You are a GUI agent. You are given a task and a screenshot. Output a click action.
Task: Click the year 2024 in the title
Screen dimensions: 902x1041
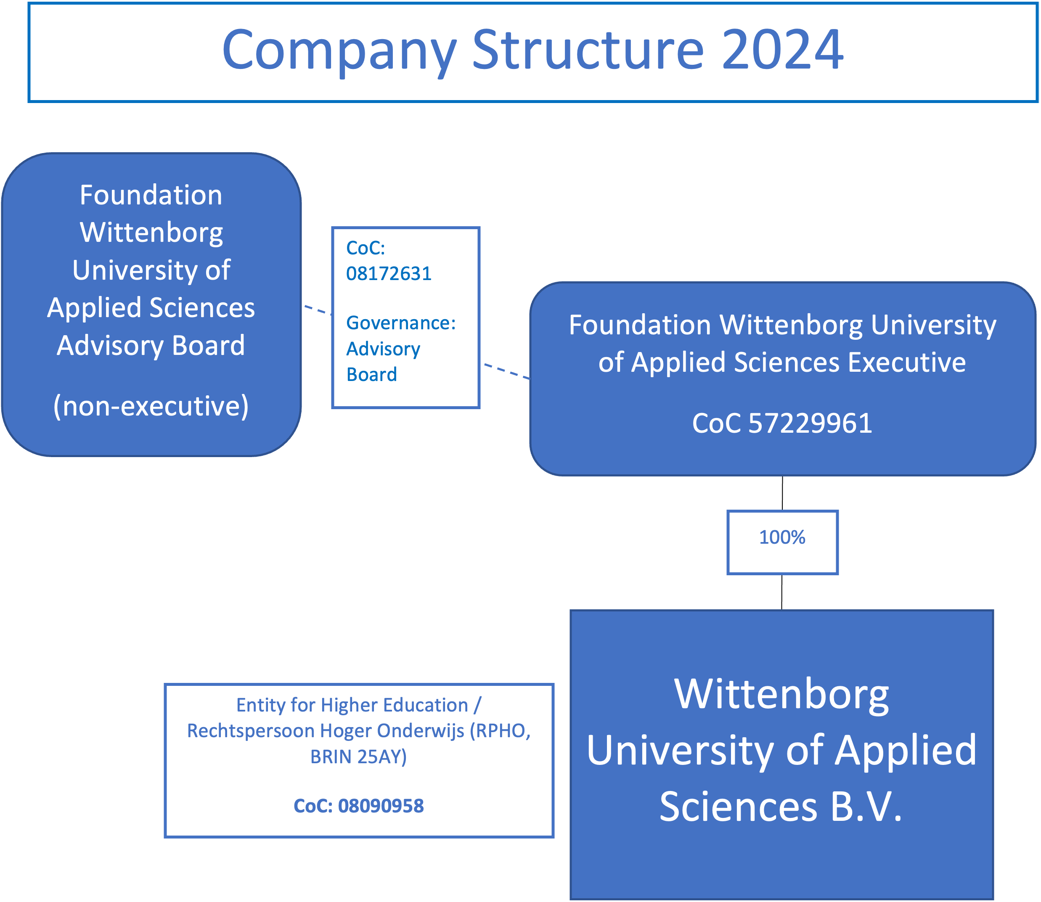[x=782, y=50]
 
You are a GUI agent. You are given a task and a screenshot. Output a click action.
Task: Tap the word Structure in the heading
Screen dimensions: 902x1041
[x=588, y=50]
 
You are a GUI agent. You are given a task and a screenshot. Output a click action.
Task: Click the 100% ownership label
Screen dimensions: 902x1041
[x=782, y=537]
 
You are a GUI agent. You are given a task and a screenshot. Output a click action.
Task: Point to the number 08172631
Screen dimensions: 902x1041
[x=389, y=274]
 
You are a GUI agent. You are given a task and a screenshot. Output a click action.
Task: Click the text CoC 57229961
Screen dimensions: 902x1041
[x=782, y=423]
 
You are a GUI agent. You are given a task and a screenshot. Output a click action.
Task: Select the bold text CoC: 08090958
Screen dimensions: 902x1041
[x=358, y=806]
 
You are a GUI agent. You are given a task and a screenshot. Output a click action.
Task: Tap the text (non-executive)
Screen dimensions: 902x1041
[x=151, y=406]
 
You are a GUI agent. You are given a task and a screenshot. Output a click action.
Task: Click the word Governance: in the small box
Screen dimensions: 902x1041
[x=401, y=323]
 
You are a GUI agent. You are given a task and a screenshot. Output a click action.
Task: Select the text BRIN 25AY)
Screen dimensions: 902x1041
[x=358, y=757]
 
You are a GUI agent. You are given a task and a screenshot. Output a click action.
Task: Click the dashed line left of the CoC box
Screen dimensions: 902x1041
[x=317, y=309]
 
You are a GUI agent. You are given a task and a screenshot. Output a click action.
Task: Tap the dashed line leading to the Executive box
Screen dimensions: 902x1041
[x=506, y=371]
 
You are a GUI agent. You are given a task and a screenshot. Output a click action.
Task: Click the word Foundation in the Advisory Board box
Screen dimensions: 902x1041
[x=151, y=195]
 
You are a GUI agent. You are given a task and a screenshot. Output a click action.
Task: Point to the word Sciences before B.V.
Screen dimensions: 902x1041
[x=738, y=807]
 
